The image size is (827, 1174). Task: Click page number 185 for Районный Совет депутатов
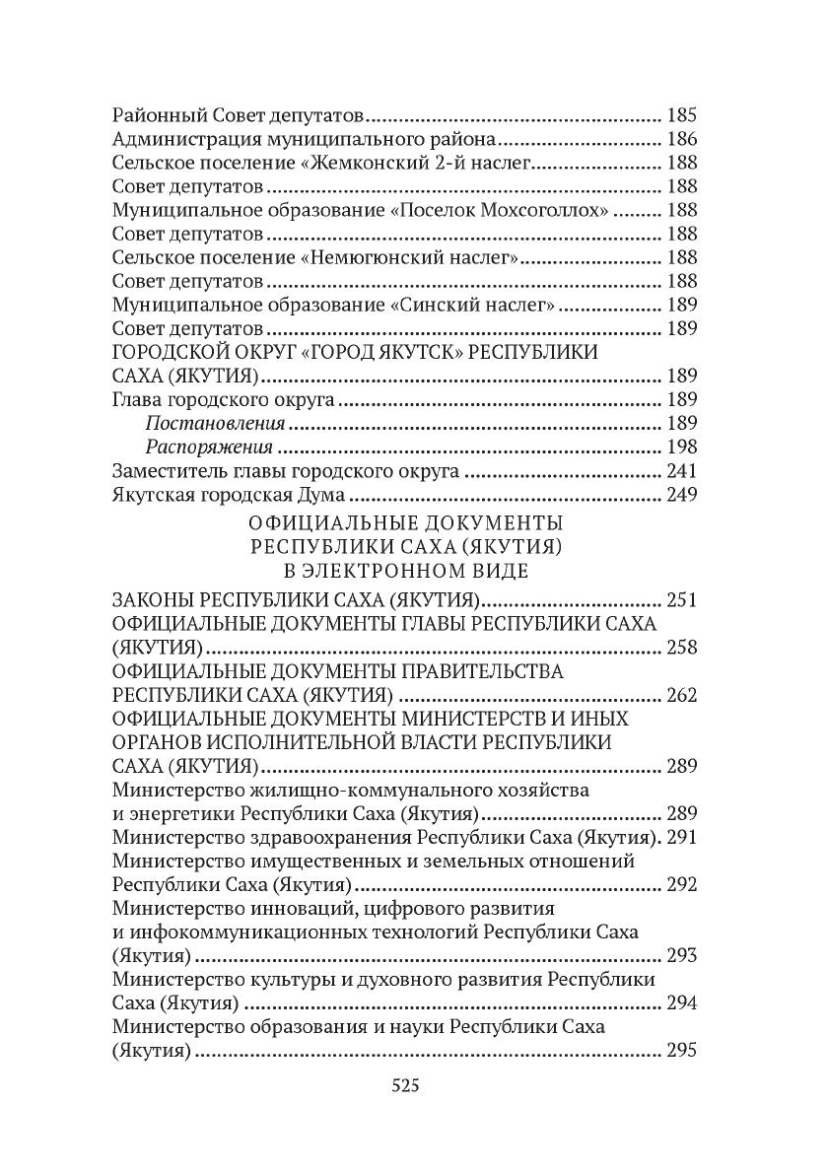pyautogui.click(x=682, y=112)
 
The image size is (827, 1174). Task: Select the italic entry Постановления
pyautogui.click(x=215, y=423)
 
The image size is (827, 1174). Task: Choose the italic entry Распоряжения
pyautogui.click(x=210, y=447)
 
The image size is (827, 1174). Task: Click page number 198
pyautogui.click(x=682, y=447)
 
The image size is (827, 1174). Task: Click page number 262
pyautogui.click(x=682, y=695)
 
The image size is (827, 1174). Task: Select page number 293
pyautogui.click(x=682, y=955)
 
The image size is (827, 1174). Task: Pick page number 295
pyautogui.click(x=682, y=1050)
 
